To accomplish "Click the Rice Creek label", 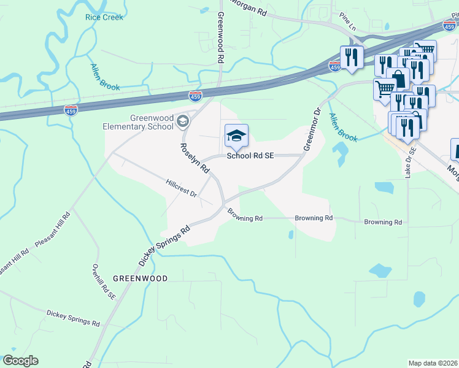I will click(x=104, y=17).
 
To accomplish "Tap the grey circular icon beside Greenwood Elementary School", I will click(x=182, y=122).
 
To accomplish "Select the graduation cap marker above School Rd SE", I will click(x=236, y=136).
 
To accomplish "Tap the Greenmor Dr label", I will click(x=312, y=129).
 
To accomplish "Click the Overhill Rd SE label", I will click(x=103, y=282).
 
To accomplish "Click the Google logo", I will click(x=20, y=361).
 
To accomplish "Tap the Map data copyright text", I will click(x=433, y=363).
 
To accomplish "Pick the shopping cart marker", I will click(x=385, y=88).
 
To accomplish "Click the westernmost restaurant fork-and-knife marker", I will click(x=352, y=57).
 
